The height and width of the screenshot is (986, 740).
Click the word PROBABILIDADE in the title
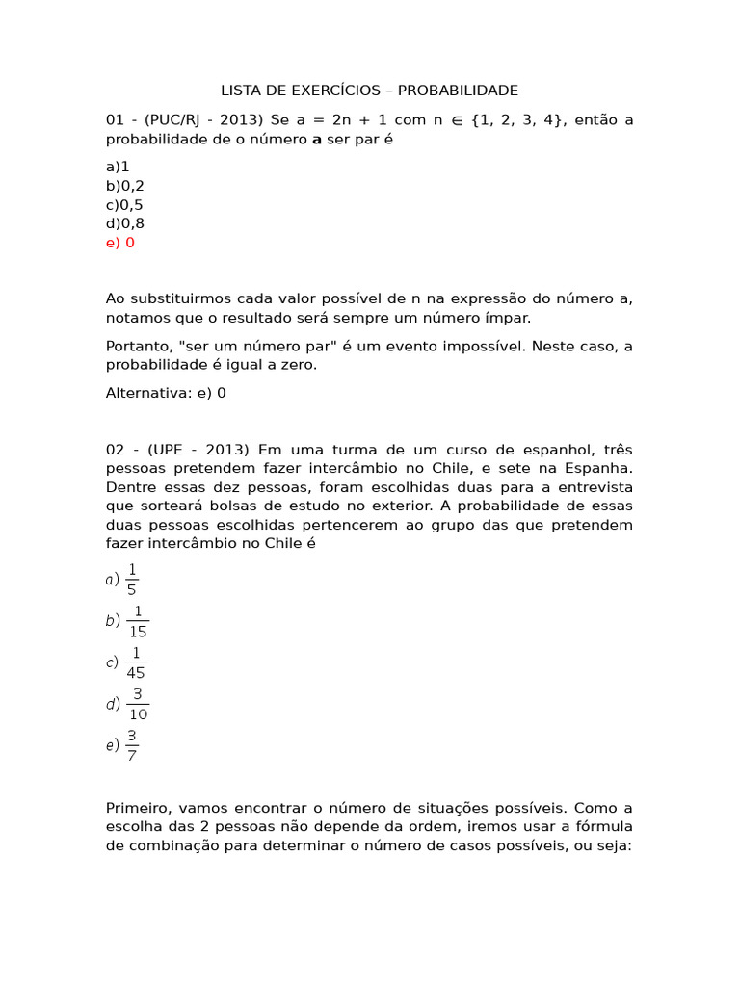coord(458,91)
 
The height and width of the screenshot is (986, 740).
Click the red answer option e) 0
coord(120,243)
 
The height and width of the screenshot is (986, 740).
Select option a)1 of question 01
coord(118,167)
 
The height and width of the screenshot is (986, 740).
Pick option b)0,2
coord(125,186)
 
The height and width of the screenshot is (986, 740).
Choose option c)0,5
coord(125,205)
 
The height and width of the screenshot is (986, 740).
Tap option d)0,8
coord(125,223)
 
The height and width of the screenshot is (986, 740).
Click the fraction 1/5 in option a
coord(132,580)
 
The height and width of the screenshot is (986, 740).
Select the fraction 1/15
coord(137,621)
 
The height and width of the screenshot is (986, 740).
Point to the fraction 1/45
coord(136,662)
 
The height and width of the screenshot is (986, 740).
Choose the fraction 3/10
coord(137,704)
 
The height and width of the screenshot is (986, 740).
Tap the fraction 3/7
coord(132,744)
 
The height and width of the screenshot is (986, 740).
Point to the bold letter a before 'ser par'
coord(317,140)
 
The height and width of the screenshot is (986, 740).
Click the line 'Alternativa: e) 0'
coord(166,393)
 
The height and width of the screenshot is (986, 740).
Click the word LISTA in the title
coord(241,91)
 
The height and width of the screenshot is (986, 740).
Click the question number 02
coord(116,450)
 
